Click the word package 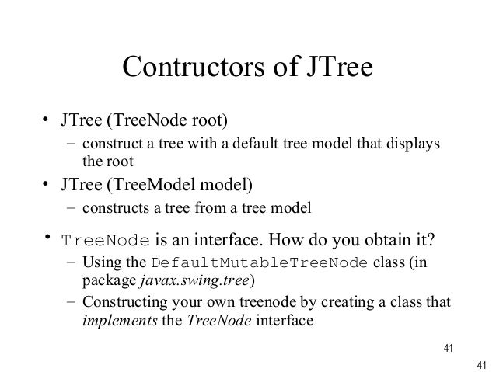pyautogui.click(x=107, y=280)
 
